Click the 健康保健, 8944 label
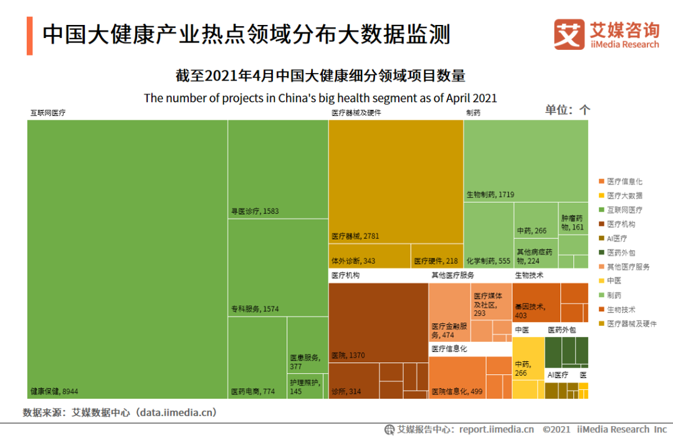click(54, 391)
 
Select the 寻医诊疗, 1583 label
click(255, 211)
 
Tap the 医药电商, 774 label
click(252, 391)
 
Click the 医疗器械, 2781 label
click(355, 236)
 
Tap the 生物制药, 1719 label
click(490, 194)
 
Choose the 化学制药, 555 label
click(488, 260)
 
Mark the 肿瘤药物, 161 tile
click(573, 223)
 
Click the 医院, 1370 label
click(348, 355)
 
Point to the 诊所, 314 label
click(346, 391)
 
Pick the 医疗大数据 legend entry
click(625, 195)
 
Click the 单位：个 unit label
click(567, 110)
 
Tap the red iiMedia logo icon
click(569, 35)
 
